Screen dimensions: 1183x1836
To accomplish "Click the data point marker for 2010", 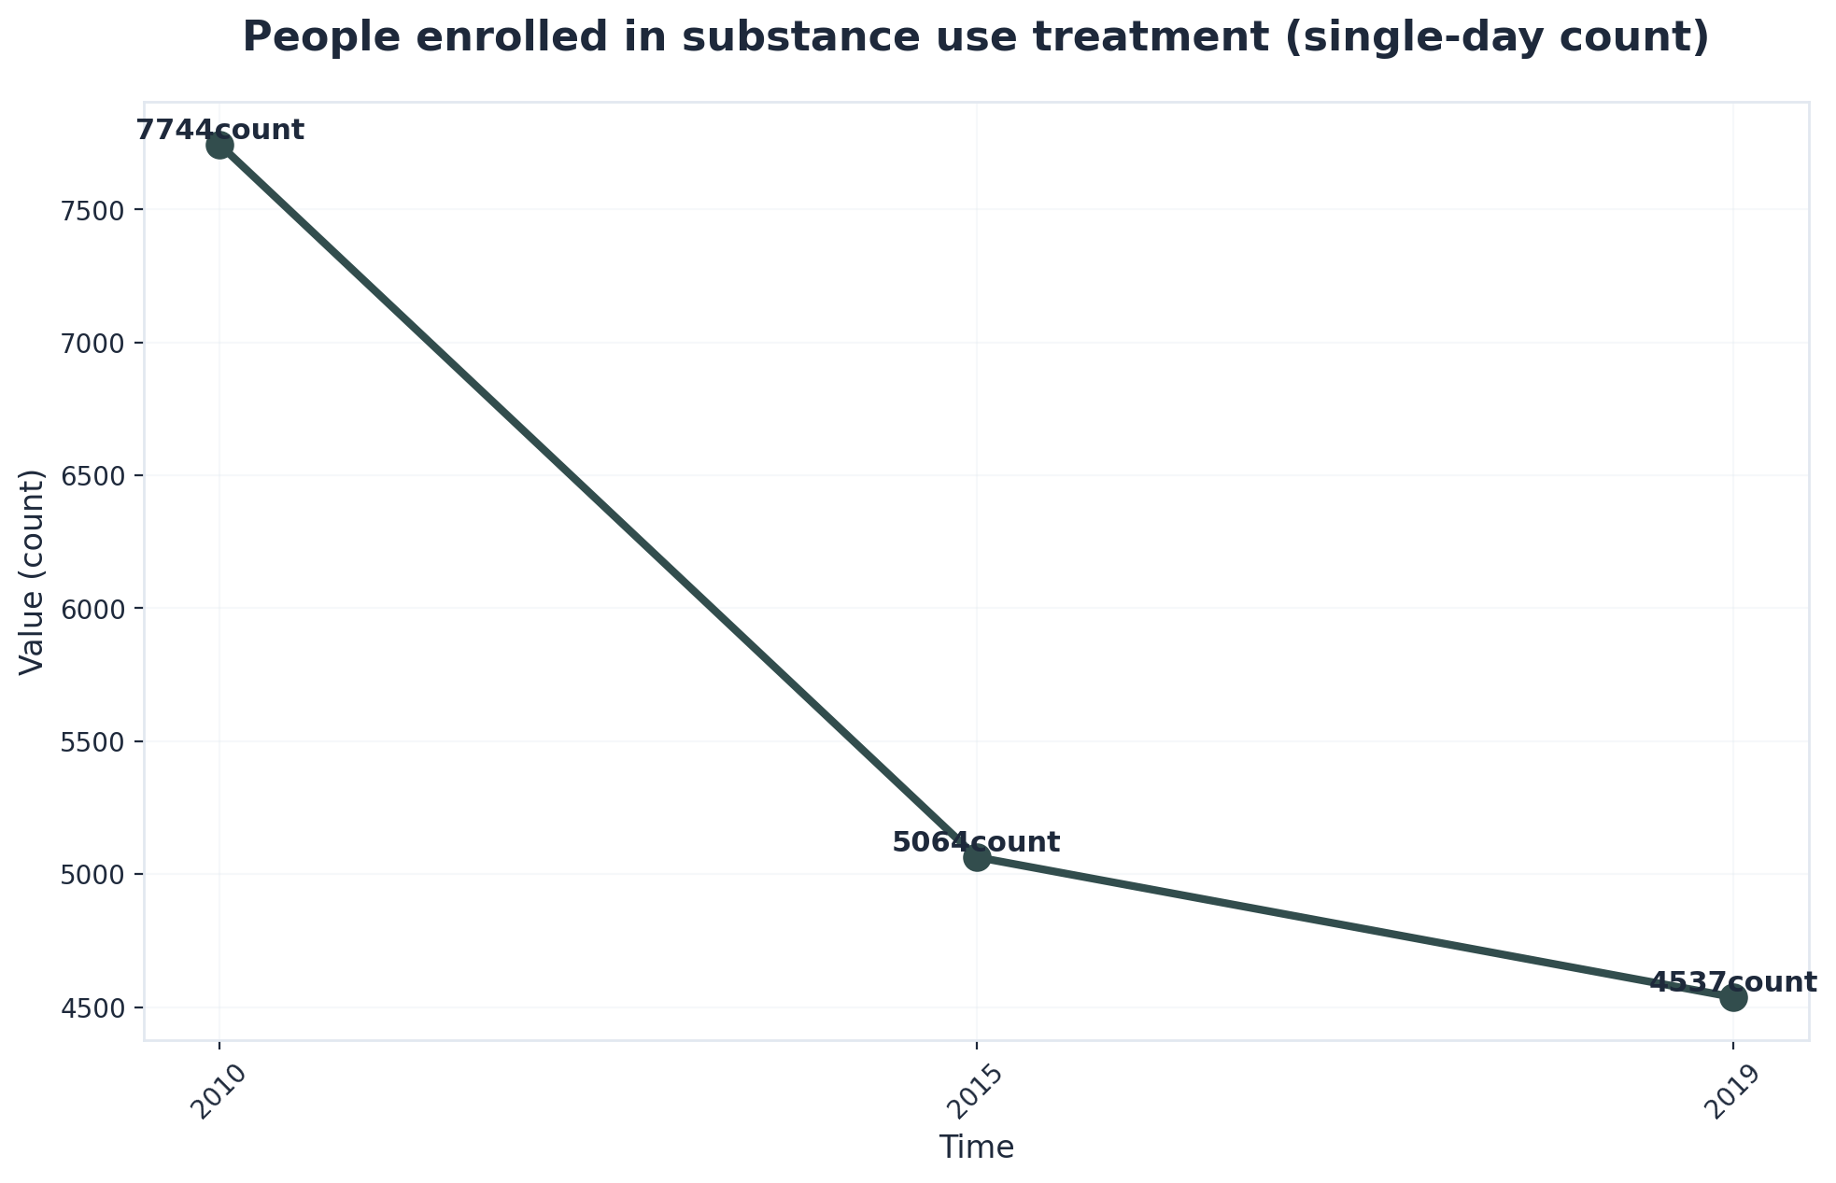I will tap(219, 145).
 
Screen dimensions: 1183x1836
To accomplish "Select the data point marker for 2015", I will tap(977, 857).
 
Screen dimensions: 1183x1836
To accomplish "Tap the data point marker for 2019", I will tap(1733, 997).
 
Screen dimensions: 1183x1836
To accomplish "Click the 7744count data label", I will tap(220, 130).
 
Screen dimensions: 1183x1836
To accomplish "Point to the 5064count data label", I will tap(976, 842).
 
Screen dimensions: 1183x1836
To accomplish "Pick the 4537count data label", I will tap(1733, 982).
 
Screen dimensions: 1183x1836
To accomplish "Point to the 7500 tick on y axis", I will tap(97, 210).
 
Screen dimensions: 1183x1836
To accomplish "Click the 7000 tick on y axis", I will tap(97, 343).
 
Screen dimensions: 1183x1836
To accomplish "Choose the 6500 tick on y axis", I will tap(97, 476).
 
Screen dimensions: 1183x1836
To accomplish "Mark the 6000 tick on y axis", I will tap(97, 609).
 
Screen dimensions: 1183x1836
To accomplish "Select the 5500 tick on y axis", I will tap(97, 742).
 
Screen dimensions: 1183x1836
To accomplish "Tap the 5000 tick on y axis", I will tap(97, 875).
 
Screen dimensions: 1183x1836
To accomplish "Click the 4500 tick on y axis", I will tap(97, 1008).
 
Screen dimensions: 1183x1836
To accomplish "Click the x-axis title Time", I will tap(976, 1148).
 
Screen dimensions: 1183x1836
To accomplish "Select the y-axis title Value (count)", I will tap(32, 571).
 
